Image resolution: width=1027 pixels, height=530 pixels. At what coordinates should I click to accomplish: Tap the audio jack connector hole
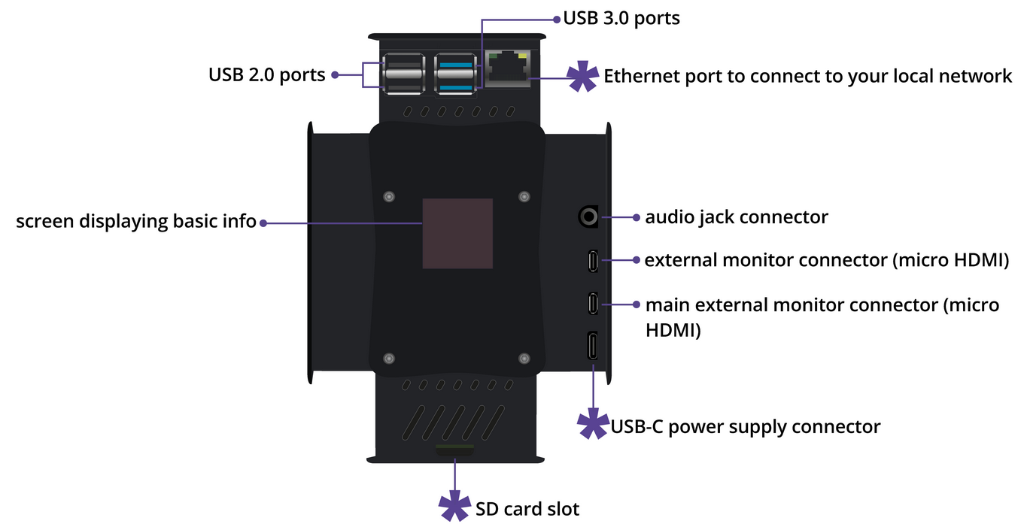588,217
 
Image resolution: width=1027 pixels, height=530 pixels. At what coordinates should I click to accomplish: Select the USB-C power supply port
593,347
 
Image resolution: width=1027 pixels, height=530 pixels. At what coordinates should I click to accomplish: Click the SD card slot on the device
454,450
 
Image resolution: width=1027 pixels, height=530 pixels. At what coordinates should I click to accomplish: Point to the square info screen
457,233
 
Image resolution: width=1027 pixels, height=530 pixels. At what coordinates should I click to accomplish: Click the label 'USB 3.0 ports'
621,18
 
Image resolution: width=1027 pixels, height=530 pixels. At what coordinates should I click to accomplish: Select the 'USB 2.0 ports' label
266,75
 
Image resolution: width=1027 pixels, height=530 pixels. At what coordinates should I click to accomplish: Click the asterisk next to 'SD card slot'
454,508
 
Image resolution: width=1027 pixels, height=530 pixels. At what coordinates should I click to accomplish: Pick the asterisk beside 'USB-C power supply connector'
593,426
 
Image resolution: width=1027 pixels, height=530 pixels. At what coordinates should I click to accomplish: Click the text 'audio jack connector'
736,217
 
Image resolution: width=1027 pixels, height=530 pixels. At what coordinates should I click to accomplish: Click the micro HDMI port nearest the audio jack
593,261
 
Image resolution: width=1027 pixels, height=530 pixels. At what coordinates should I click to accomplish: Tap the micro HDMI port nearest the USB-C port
593,303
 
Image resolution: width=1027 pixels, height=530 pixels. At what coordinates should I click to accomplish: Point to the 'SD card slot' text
527,509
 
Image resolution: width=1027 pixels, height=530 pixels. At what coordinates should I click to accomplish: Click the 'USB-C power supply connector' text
745,427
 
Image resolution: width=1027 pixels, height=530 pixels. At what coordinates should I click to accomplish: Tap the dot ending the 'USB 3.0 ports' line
557,18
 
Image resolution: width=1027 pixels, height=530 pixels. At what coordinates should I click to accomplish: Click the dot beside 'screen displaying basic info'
263,223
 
